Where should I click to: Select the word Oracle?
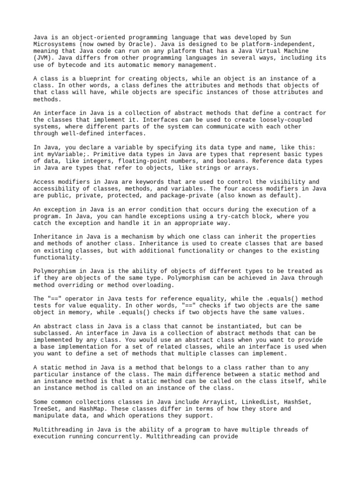[x=121, y=44]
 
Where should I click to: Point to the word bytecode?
[x=71, y=65]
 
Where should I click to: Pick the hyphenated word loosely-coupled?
[x=286, y=120]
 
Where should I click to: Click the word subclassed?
[x=52, y=333]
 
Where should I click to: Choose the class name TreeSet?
[x=47, y=409]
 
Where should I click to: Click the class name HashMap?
[x=93, y=409]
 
